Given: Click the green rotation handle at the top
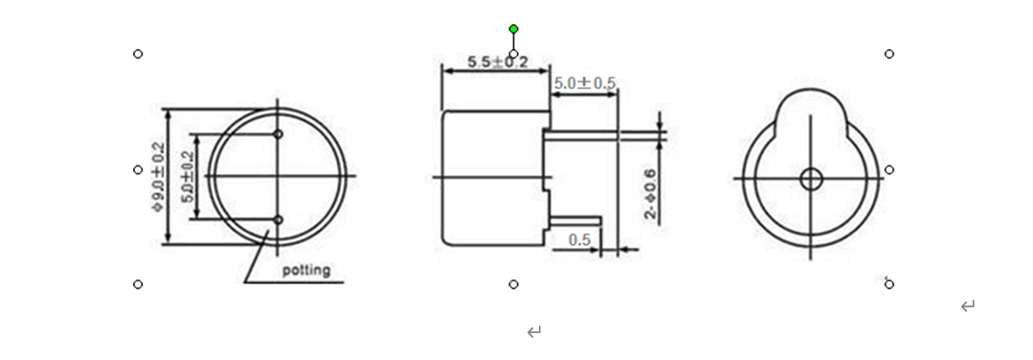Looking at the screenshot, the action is (x=514, y=29).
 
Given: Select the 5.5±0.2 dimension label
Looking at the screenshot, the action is (x=498, y=62).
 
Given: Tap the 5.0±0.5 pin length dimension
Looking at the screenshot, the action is (x=584, y=83).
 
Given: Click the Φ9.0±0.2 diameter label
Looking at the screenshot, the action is (x=158, y=177).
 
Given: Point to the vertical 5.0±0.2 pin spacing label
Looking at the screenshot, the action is (x=188, y=177).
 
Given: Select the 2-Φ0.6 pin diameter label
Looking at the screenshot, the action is (x=650, y=194).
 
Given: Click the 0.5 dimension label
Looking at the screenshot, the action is (x=580, y=240).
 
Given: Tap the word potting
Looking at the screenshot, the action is (x=306, y=270).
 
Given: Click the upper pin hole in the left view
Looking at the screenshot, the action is (x=278, y=134).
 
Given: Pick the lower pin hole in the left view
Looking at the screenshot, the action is (x=278, y=219).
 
